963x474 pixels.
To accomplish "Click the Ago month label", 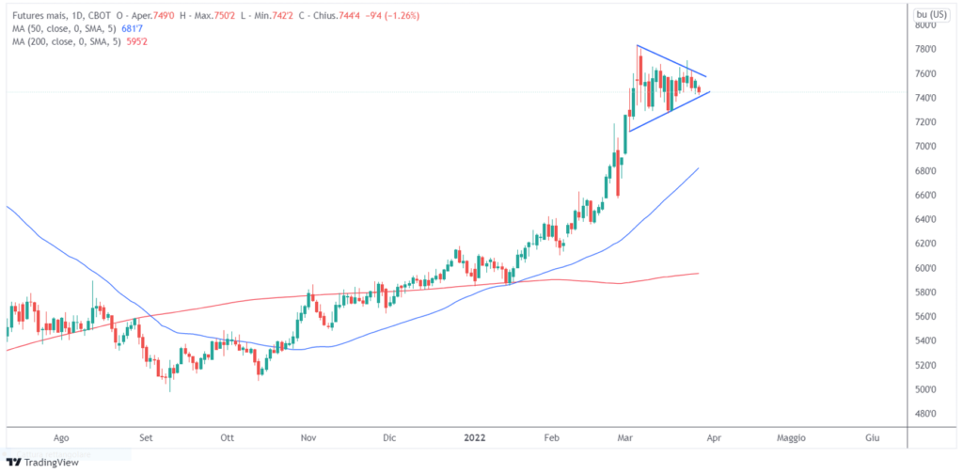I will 62,437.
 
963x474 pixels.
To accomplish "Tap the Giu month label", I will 872,437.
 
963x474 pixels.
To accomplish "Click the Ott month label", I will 226,437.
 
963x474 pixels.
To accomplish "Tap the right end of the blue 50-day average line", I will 698,168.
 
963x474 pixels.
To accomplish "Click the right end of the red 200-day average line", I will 698,274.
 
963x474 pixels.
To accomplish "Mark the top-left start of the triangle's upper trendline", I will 637,45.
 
